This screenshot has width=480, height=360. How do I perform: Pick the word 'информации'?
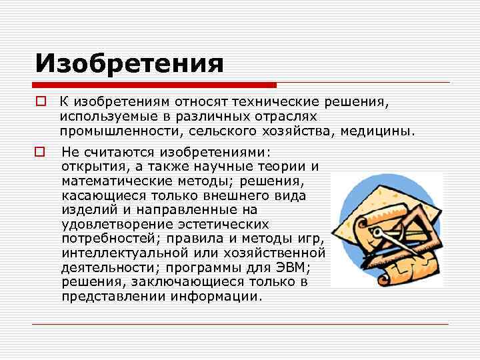[x=213, y=297]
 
